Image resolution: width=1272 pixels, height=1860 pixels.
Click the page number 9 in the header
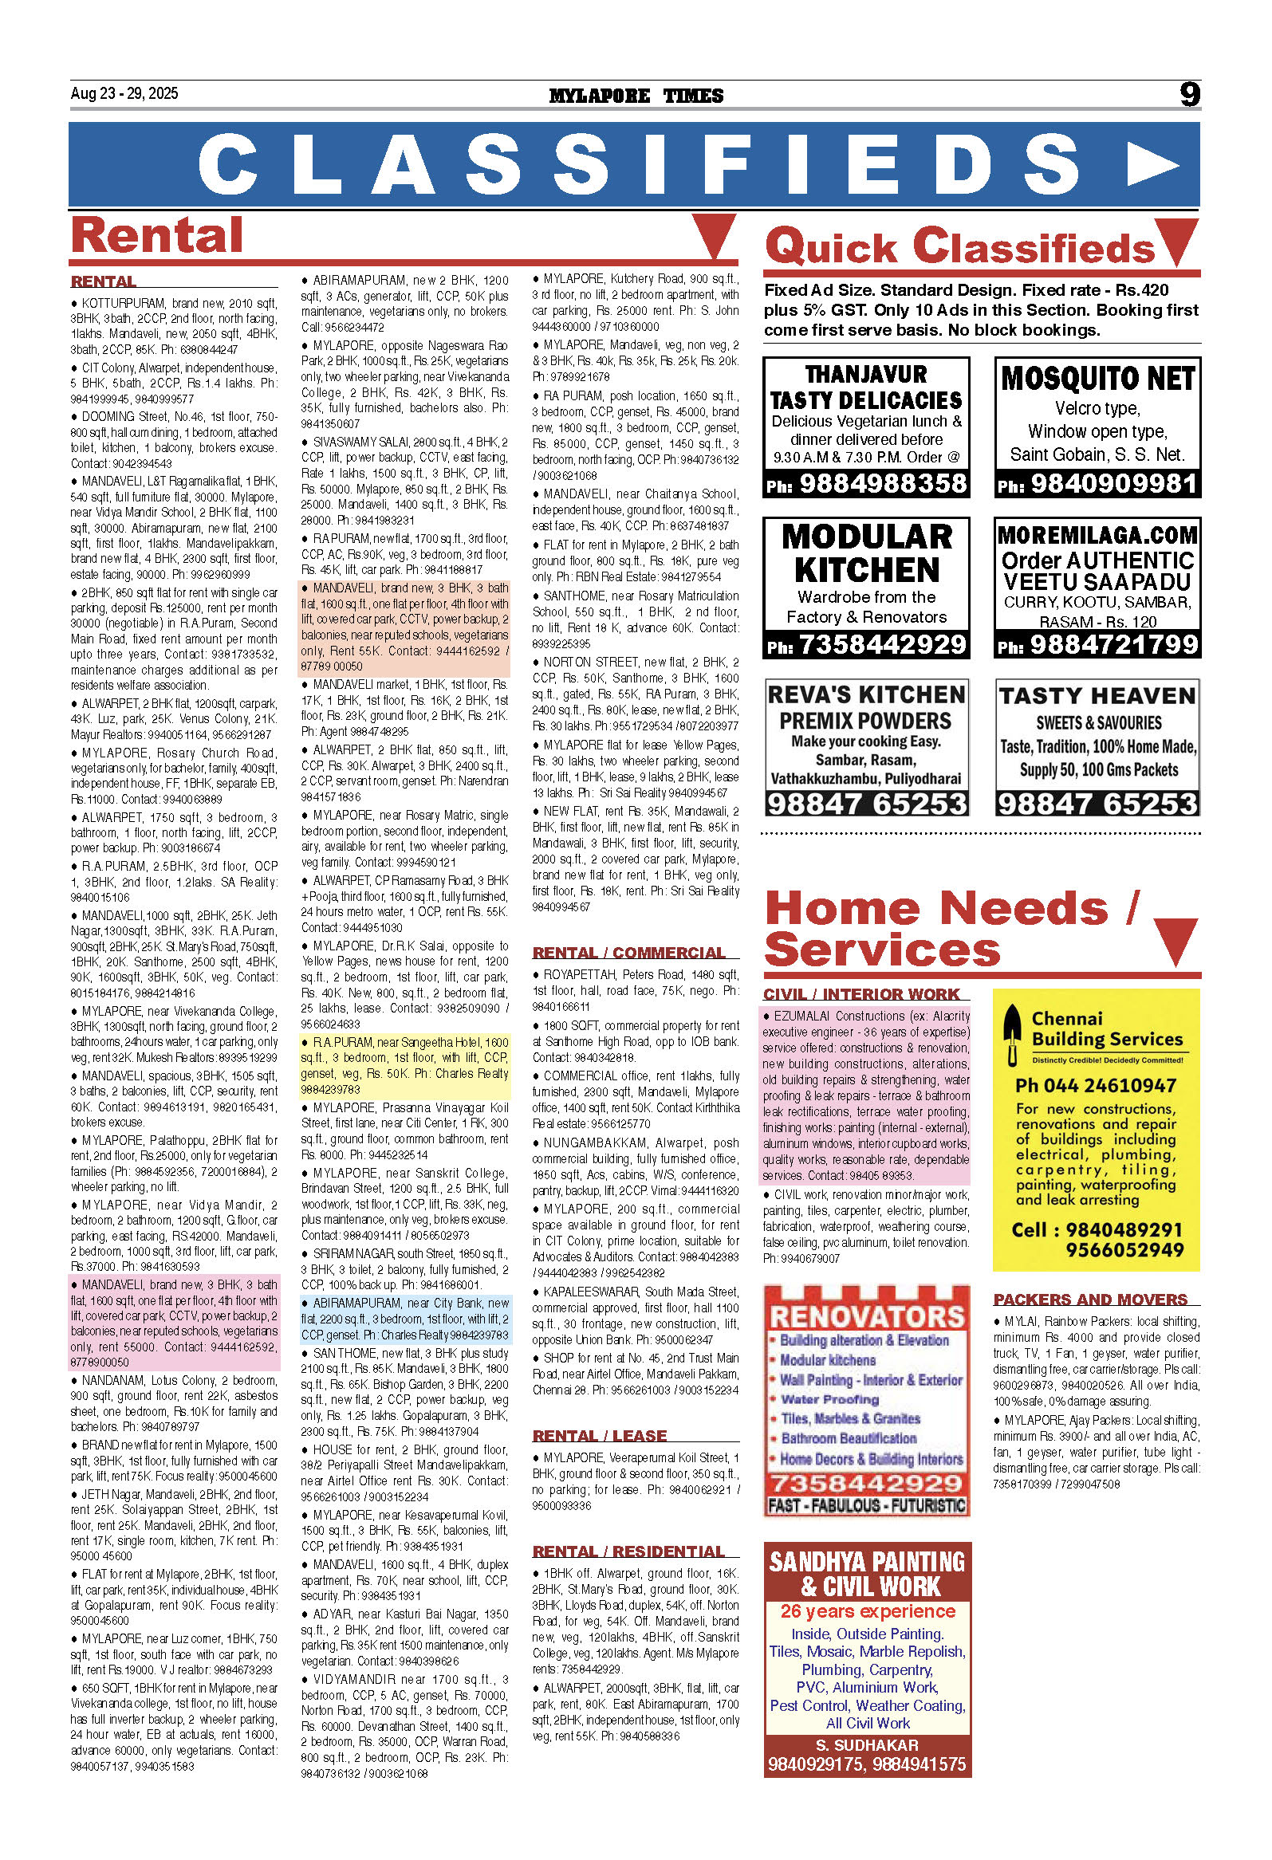coord(1190,94)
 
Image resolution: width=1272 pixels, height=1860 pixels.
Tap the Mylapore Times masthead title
coord(636,96)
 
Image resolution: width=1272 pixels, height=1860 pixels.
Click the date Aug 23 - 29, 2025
coord(124,93)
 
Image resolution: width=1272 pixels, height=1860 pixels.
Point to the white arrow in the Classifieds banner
coord(1150,165)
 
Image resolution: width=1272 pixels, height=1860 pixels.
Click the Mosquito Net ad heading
coord(1097,378)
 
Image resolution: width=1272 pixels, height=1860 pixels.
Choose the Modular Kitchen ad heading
coord(867,553)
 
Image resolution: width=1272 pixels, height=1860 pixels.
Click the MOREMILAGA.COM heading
coord(1097,535)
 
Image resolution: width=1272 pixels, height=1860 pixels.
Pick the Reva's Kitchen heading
coord(866,694)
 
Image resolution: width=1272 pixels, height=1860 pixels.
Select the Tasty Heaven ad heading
coord(1097,695)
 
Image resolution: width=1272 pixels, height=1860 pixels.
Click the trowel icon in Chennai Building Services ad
coord(1013,1034)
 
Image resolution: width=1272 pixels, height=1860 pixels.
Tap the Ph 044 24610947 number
coord(1095,1085)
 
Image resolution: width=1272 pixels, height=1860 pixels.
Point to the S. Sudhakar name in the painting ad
coord(867,1744)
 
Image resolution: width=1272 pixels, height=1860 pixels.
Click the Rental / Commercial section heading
coord(629,953)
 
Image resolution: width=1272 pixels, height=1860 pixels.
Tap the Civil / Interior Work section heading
coord(860,994)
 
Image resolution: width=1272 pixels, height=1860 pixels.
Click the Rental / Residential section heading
coord(628,1551)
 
